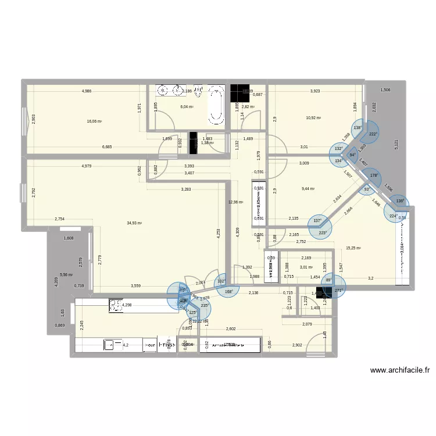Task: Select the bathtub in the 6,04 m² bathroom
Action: tap(217, 104)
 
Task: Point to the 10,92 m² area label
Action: tap(313, 118)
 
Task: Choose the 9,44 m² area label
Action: tap(308, 188)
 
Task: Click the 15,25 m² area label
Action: tap(353, 248)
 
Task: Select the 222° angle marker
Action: tap(372, 134)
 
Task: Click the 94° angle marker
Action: tap(352, 155)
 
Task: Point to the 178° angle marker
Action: tap(374, 176)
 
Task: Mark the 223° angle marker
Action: tap(323, 233)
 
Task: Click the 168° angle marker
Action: tap(229, 292)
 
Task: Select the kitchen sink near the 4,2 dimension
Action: tap(109, 345)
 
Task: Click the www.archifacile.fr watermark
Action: tap(399, 370)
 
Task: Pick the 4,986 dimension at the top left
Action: tap(87, 91)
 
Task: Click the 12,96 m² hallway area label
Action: tap(235, 202)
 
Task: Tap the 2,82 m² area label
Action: tap(248, 107)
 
